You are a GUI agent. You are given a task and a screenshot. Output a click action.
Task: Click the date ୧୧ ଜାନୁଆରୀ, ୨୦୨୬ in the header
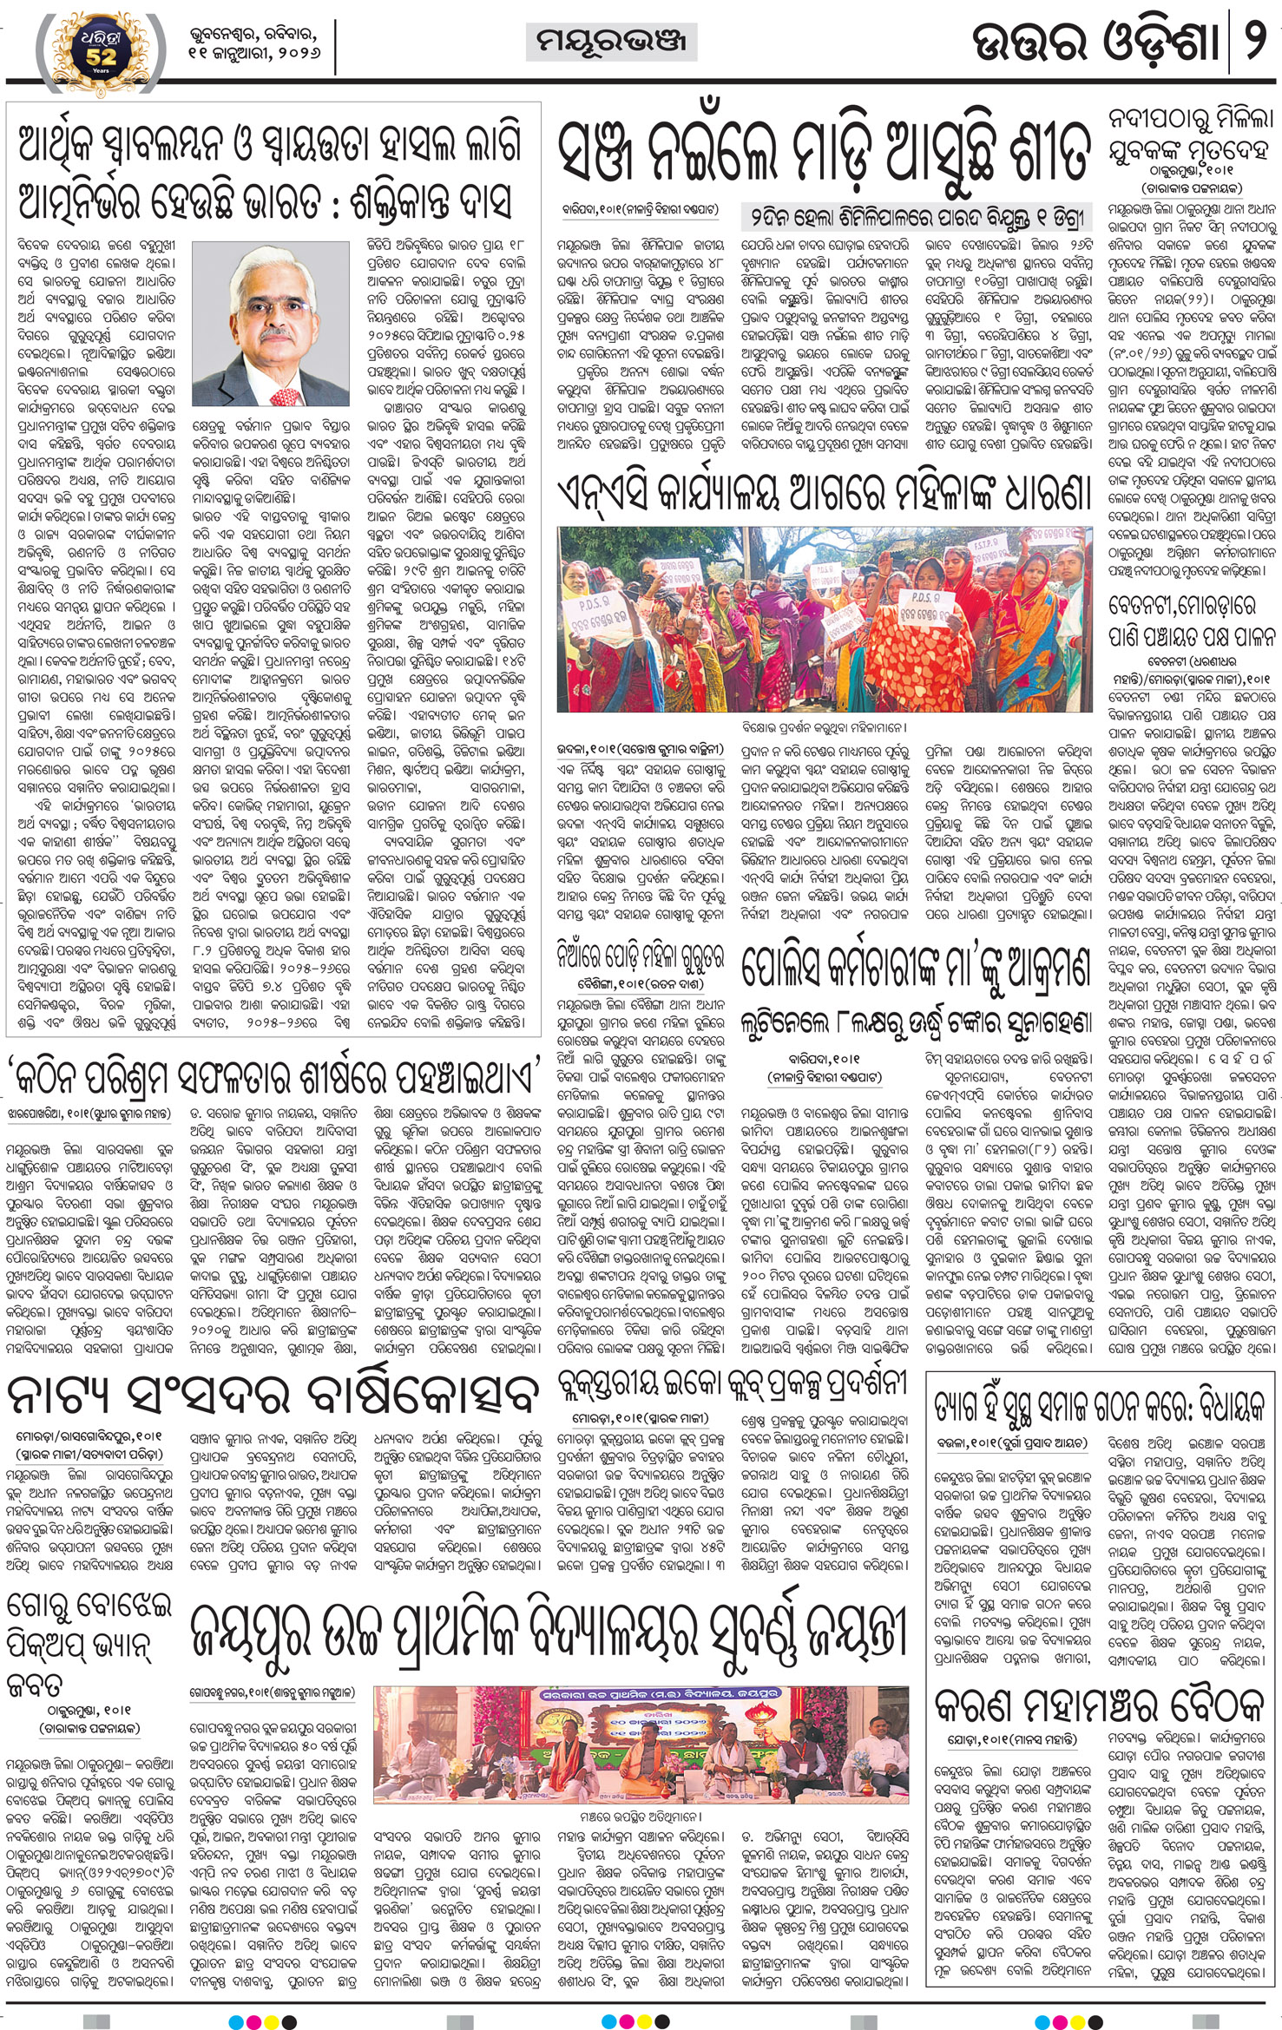tap(253, 52)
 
